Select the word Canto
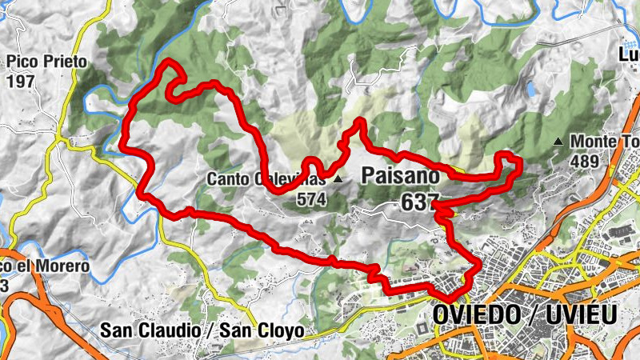pyautogui.click(x=226, y=178)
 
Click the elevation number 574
pyautogui.click(x=311, y=198)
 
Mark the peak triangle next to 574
pyautogui.click(x=338, y=179)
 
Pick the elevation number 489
pyautogui.click(x=586, y=161)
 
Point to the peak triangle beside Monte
pyautogui.click(x=558, y=142)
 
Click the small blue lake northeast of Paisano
pyautogui.click(x=530, y=90)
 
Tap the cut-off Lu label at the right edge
pyautogui.click(x=630, y=54)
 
